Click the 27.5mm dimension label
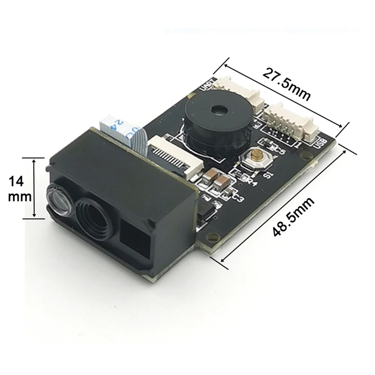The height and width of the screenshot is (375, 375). (x=286, y=84)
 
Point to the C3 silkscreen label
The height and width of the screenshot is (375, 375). (x=238, y=197)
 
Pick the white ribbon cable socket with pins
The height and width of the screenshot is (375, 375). (x=176, y=156)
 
